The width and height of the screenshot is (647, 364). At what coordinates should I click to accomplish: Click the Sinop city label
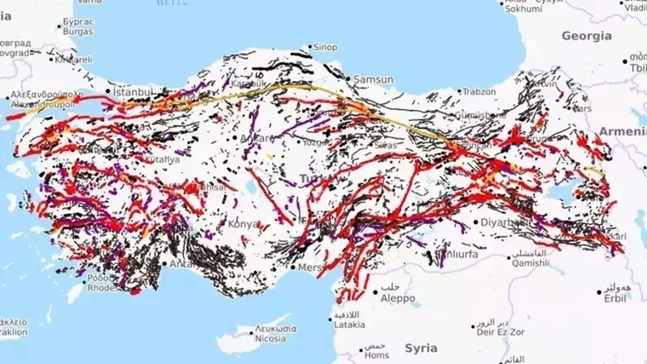[325, 48]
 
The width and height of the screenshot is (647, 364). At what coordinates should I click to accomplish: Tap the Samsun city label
[373, 79]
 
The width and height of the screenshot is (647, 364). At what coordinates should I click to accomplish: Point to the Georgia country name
[586, 36]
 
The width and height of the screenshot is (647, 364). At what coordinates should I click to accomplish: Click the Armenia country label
[622, 131]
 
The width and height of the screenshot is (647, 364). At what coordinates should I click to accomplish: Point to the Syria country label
[421, 348]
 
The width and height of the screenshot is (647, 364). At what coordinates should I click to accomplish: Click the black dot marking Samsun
[348, 79]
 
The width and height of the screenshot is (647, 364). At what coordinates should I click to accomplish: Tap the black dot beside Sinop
[310, 47]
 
